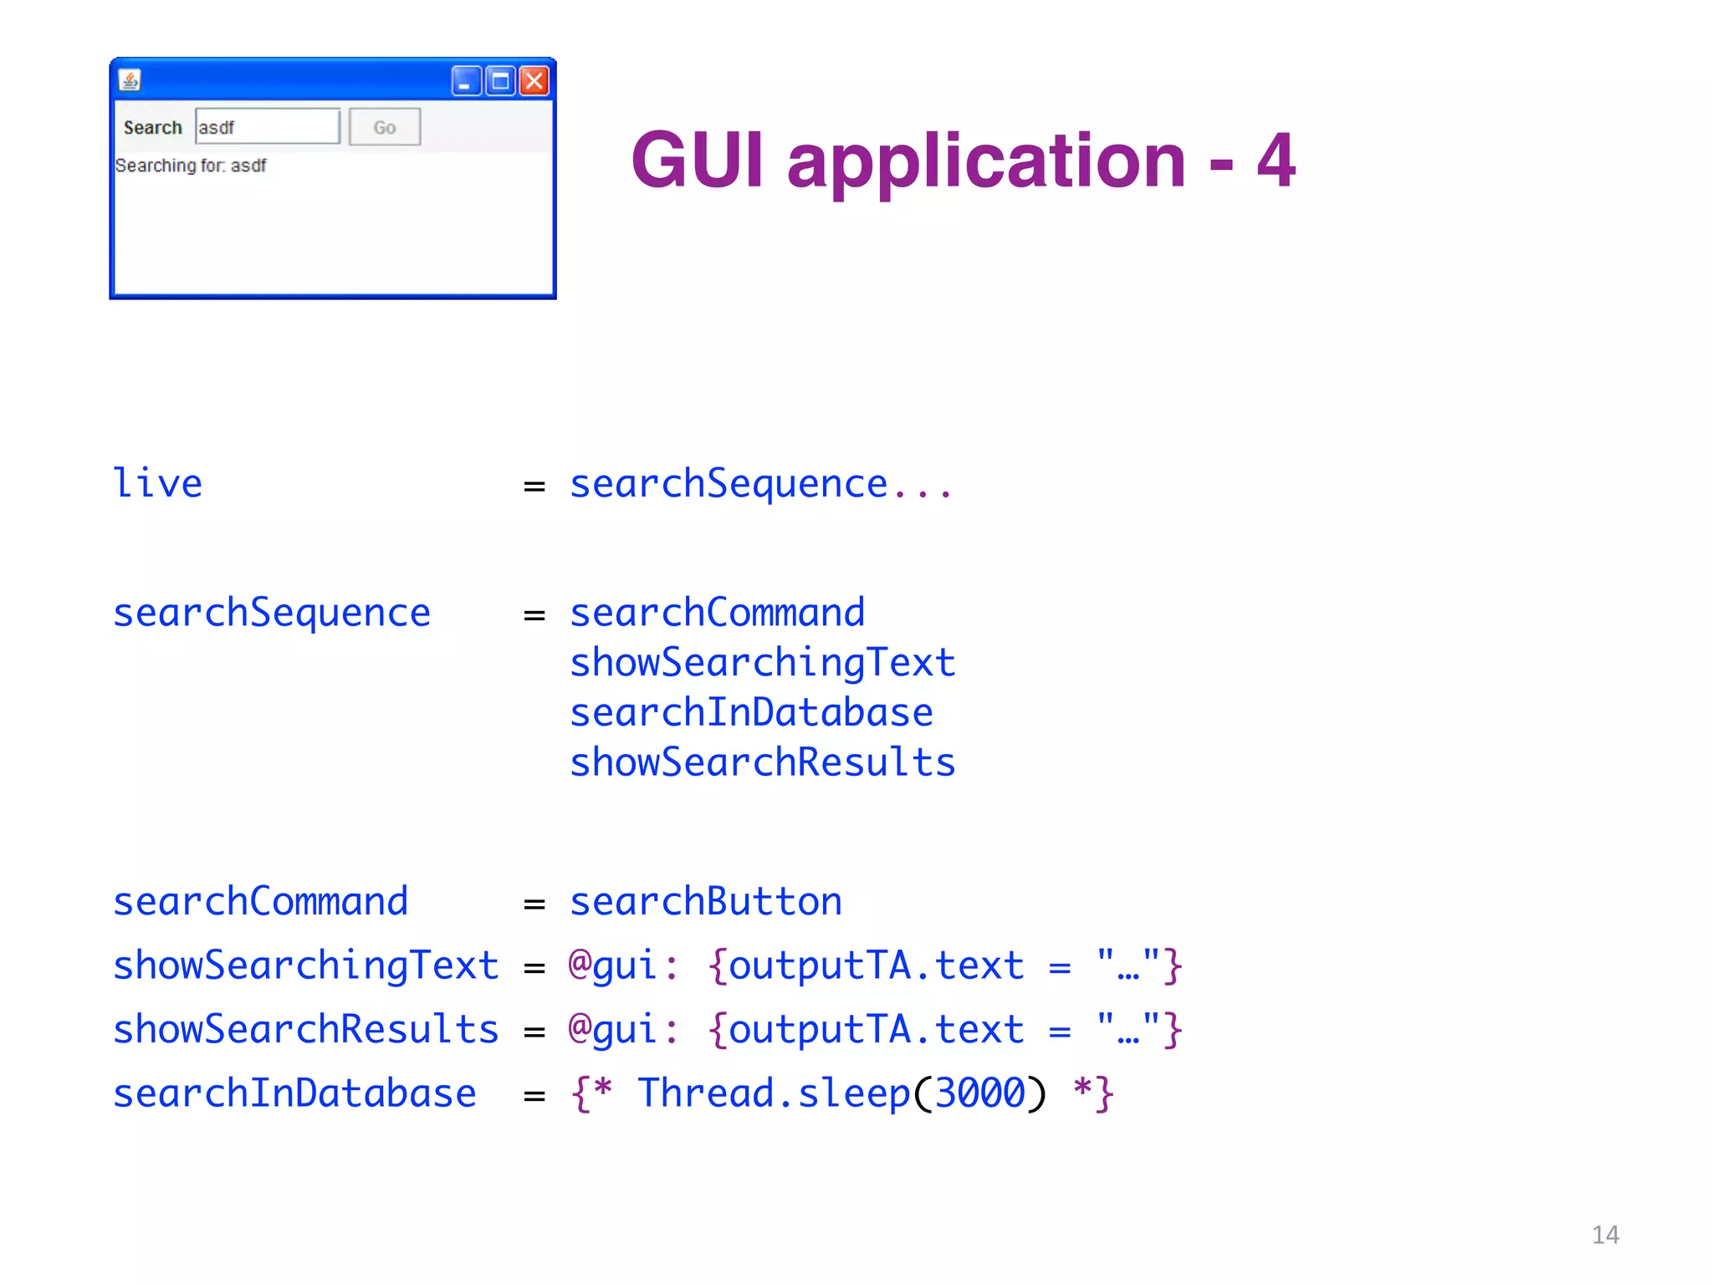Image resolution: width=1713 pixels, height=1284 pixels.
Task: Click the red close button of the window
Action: click(x=534, y=81)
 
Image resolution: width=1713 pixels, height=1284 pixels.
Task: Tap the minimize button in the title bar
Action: click(x=466, y=81)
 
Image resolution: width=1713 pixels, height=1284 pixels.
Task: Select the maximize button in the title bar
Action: click(x=500, y=81)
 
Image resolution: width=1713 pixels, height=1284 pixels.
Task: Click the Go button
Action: click(x=385, y=127)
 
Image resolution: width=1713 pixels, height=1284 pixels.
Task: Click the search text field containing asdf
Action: click(x=268, y=127)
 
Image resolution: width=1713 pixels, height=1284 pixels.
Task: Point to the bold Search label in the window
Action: click(x=152, y=128)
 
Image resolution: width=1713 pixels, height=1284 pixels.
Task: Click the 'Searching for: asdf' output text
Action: click(x=191, y=166)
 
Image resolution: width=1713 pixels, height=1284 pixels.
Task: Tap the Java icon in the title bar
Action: click(x=130, y=80)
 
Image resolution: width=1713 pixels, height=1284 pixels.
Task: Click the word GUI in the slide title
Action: click(x=698, y=160)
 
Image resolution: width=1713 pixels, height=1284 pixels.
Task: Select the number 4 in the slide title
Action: click(x=1276, y=160)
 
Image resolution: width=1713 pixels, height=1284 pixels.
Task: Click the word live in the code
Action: click(x=157, y=484)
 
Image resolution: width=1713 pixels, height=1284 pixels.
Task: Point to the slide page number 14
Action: click(x=1605, y=1235)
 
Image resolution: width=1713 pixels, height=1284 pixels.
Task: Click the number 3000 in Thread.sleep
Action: click(x=979, y=1093)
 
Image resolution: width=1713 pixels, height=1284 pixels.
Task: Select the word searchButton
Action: click(x=706, y=902)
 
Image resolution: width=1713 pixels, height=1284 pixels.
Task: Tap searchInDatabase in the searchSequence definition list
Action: click(x=751, y=713)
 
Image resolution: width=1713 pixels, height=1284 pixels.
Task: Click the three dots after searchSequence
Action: click(x=922, y=489)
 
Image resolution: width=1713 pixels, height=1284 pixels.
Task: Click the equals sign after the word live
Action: click(x=534, y=486)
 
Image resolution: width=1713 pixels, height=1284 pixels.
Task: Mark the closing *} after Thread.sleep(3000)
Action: click(x=1093, y=1093)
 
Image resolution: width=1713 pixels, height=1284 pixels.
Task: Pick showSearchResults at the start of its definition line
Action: click(x=306, y=1030)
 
